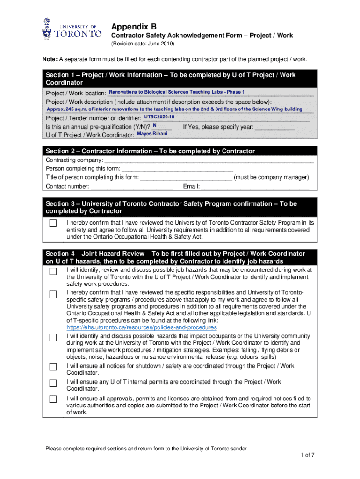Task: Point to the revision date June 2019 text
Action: (142, 44)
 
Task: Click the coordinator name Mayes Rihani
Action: (152, 134)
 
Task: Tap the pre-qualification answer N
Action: (155, 126)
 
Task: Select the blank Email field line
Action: (255, 187)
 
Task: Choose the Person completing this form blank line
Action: (177, 169)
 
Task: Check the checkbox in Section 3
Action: (53, 223)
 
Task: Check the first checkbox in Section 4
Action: (53, 271)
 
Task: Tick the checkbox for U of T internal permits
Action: (53, 384)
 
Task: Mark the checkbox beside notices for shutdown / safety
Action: (53, 367)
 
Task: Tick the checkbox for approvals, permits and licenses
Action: (53, 400)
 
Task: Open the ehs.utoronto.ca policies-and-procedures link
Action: (142, 327)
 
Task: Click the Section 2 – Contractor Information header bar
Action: (180, 151)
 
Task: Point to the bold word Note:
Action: (50, 59)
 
